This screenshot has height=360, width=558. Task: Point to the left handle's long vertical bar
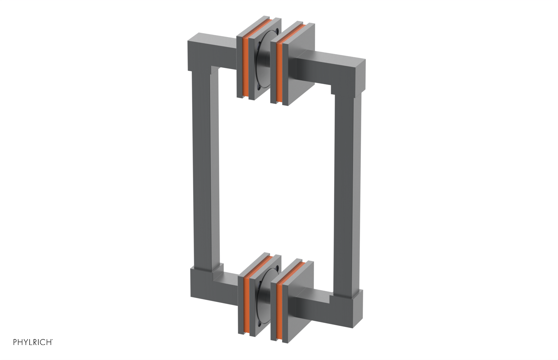click(206, 171)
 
